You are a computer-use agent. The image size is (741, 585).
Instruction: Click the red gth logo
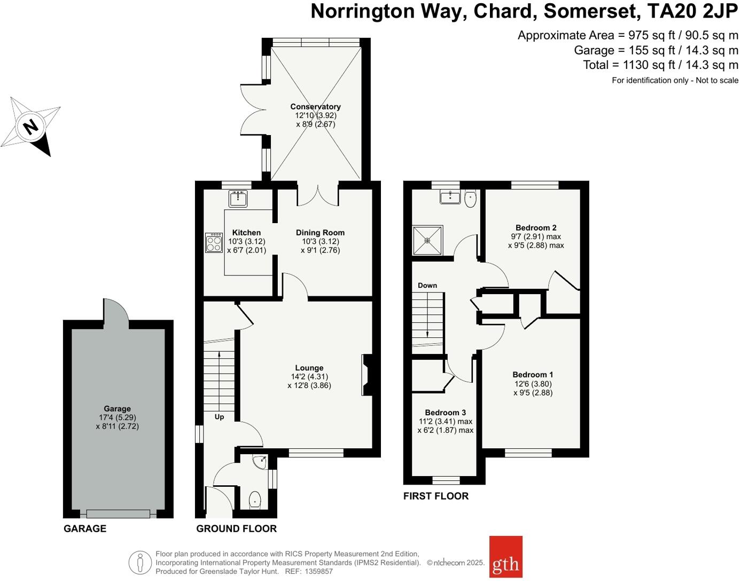pyautogui.click(x=505, y=557)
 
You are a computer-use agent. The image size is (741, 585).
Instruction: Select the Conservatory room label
pyautogui.click(x=315, y=107)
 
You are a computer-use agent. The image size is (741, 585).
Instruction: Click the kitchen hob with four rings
pyautogui.click(x=214, y=243)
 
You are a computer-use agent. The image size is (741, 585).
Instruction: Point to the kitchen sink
pyautogui.click(x=238, y=199)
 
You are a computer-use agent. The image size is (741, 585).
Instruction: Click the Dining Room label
pyautogui.click(x=320, y=233)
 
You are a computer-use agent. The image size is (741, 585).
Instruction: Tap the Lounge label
pyautogui.click(x=309, y=368)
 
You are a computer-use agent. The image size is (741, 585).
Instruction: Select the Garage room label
pyautogui.click(x=117, y=409)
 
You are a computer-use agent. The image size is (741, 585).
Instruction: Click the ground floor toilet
pyautogui.click(x=255, y=500)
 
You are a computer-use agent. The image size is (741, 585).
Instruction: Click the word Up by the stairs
pyautogui.click(x=219, y=417)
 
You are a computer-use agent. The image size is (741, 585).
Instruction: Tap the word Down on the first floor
pyautogui.click(x=427, y=286)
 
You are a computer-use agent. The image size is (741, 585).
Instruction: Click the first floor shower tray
pyautogui.click(x=427, y=240)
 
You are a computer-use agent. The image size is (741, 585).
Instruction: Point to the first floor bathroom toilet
pyautogui.click(x=470, y=199)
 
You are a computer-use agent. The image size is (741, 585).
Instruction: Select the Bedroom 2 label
pyautogui.click(x=536, y=228)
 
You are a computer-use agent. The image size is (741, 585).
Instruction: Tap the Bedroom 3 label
pyautogui.click(x=445, y=413)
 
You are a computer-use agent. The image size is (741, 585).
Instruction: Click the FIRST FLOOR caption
pyautogui.click(x=435, y=496)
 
